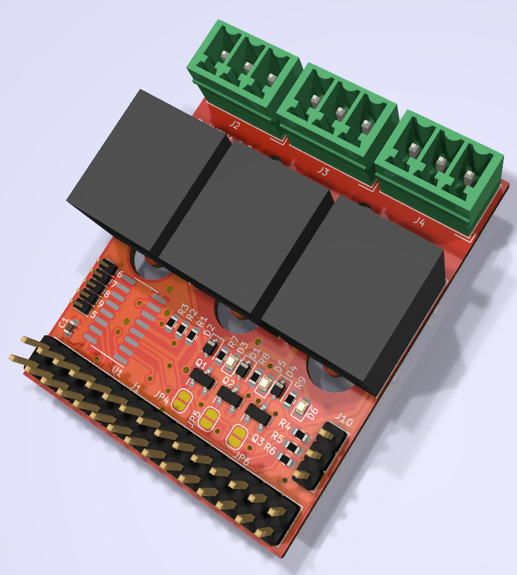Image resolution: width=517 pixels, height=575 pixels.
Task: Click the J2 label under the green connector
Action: pos(235,125)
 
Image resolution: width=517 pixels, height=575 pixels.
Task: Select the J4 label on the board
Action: pos(419,222)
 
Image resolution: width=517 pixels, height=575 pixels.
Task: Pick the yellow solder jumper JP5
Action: pos(209,419)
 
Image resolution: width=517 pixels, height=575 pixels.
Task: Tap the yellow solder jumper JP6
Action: pos(238,438)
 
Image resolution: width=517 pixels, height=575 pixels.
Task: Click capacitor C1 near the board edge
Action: pos(73,326)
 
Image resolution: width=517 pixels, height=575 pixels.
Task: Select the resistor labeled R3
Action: pos(172,322)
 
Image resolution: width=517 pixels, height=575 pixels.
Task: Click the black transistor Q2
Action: pos(229,396)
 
